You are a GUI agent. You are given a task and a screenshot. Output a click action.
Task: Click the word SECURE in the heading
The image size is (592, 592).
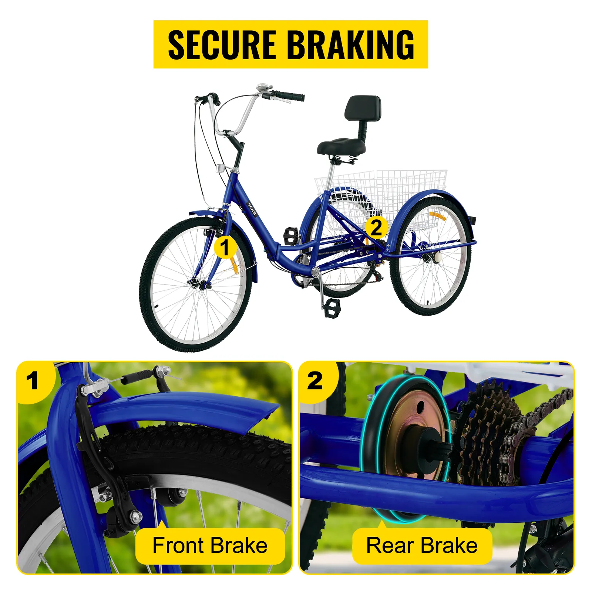coord(222,45)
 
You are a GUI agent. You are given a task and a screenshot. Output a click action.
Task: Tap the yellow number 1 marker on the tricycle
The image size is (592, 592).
coord(225,248)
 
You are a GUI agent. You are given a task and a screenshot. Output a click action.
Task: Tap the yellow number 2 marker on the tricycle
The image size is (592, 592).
coord(376,228)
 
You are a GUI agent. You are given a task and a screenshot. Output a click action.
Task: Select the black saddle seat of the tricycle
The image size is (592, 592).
coord(341,147)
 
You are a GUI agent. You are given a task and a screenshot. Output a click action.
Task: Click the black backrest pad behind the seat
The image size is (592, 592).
coord(363,108)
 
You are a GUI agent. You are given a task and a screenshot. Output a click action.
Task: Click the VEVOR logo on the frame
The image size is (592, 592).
coord(252,209)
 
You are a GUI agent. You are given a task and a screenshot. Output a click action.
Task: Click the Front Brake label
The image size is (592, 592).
coord(210,546)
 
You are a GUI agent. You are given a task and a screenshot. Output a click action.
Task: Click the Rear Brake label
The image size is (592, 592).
coord(422,546)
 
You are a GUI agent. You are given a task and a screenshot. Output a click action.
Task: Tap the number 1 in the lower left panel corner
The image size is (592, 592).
coord(33,381)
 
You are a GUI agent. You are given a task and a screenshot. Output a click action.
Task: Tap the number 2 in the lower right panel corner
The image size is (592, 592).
coord(315,381)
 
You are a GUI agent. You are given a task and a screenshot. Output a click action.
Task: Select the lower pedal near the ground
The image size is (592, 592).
coord(332,308)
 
